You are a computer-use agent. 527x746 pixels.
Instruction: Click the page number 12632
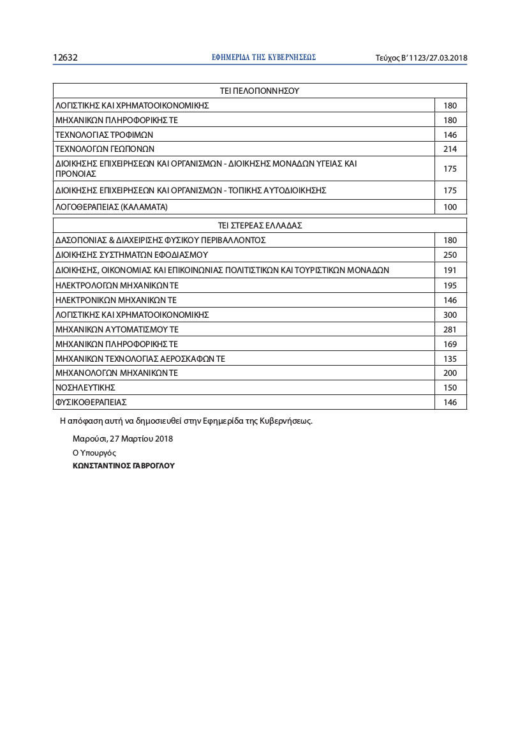click(65, 57)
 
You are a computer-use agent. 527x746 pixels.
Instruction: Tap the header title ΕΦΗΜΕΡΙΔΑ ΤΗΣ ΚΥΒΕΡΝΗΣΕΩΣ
click(263, 57)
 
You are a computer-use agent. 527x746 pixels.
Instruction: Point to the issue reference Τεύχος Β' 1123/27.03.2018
click(421, 58)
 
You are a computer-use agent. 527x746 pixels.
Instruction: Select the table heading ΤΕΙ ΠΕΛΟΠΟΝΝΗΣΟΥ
click(259, 91)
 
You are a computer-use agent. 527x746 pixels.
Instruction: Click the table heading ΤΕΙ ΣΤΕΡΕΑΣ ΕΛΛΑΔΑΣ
click(260, 225)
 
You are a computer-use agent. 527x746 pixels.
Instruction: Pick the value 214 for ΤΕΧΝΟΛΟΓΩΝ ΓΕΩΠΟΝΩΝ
click(450, 149)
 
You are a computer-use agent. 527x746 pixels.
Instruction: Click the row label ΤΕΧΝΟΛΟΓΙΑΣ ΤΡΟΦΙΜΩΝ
click(105, 135)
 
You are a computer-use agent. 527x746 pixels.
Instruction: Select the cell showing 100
click(450, 207)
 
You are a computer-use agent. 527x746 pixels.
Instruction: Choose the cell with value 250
click(450, 255)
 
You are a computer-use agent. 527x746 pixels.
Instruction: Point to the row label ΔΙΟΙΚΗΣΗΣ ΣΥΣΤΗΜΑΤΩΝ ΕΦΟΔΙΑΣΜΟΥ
click(132, 255)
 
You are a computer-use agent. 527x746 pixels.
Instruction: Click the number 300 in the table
click(450, 315)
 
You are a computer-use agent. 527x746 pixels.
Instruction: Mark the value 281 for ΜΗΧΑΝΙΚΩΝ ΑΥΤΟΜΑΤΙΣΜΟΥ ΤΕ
click(450, 329)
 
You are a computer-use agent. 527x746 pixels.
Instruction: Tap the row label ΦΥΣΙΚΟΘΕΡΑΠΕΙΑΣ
click(92, 403)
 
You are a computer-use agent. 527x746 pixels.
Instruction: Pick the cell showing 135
click(450, 359)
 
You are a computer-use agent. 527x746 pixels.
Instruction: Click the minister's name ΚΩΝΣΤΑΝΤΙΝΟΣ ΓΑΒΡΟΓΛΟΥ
click(124, 466)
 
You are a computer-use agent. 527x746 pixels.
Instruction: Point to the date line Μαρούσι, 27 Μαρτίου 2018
click(122, 439)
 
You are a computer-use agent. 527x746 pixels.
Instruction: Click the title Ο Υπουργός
click(94, 452)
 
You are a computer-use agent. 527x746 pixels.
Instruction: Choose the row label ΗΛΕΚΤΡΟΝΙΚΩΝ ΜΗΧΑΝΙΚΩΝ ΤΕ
click(116, 300)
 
